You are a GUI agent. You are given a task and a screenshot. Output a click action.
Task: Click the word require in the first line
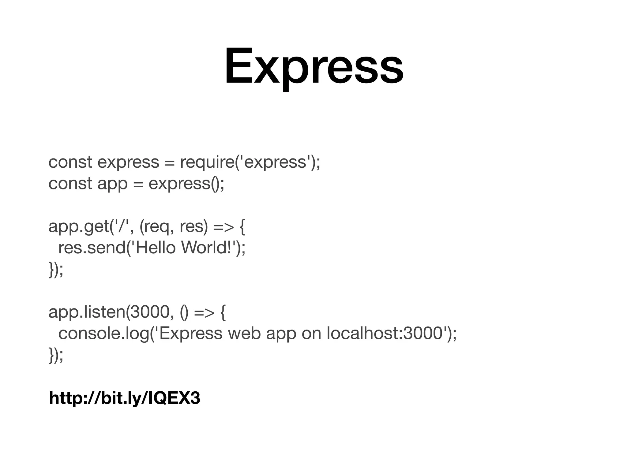coord(207,162)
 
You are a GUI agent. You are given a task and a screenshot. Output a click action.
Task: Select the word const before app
coord(70,184)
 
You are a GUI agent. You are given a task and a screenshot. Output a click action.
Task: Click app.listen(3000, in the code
coord(109,312)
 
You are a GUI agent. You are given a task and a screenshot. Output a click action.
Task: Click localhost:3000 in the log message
coord(384,333)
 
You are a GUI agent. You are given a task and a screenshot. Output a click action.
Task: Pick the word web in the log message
coord(244,333)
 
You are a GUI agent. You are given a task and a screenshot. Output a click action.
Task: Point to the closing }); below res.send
coord(56,269)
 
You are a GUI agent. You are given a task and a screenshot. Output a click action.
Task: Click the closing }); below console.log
coord(56,355)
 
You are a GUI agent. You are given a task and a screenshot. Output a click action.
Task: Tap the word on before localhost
coord(311,334)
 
